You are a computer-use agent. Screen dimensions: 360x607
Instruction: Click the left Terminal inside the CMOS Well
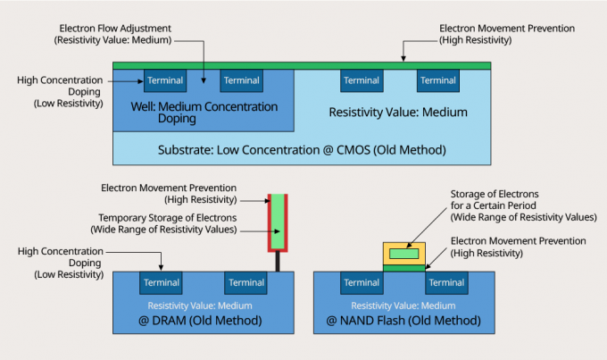click(165, 81)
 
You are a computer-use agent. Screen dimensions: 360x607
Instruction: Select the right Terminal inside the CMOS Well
click(241, 81)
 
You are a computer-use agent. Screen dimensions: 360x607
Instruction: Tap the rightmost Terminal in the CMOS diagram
click(437, 81)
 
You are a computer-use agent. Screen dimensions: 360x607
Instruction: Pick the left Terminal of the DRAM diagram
click(165, 283)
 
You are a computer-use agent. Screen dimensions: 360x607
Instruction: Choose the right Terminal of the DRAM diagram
click(246, 283)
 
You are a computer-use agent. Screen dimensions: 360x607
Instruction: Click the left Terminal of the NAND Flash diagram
click(362, 283)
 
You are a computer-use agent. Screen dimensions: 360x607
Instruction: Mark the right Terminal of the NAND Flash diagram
click(443, 283)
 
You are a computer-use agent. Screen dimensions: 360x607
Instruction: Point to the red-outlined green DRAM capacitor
click(279, 222)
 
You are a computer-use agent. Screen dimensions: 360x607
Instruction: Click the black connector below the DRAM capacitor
click(279, 262)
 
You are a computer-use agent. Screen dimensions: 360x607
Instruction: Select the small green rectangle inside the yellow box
click(404, 254)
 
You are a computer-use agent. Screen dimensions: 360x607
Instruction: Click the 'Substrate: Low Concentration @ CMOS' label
click(301, 149)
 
